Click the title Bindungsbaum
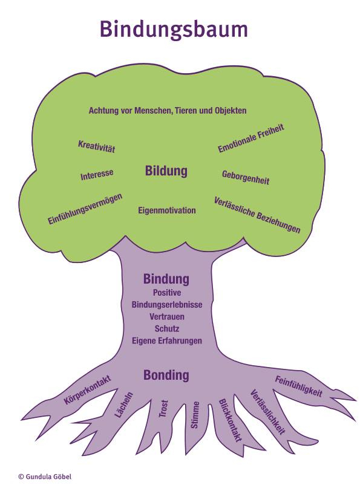tap(174, 30)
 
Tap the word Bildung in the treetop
tap(166, 171)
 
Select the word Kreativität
tap(97, 146)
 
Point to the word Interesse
tap(97, 175)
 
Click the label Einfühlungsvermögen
tap(85, 209)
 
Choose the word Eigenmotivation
tap(167, 210)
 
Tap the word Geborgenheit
tap(246, 178)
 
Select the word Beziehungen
tap(278, 221)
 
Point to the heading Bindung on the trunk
tap(166, 279)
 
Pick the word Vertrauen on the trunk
tap(167, 317)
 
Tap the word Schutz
tap(167, 328)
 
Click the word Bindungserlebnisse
tap(167, 305)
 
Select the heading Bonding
tap(166, 376)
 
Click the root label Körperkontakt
tap(88, 390)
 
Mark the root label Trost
tap(163, 409)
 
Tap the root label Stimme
tap(194, 415)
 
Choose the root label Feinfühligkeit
tap(298, 386)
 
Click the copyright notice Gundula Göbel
tap(45, 477)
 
